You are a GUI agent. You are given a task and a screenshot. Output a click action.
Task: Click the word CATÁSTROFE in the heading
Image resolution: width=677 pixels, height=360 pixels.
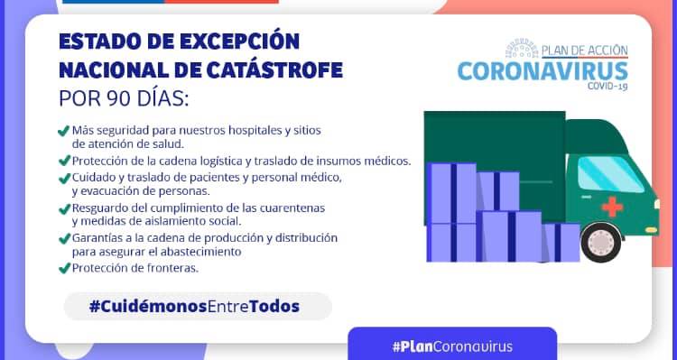(x=274, y=70)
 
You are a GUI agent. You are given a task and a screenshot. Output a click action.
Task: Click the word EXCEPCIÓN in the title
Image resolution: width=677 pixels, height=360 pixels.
(x=239, y=42)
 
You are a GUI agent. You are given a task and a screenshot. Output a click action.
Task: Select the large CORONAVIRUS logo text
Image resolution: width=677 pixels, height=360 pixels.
(x=543, y=71)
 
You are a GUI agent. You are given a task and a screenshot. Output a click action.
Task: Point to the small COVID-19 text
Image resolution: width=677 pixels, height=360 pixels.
(x=607, y=87)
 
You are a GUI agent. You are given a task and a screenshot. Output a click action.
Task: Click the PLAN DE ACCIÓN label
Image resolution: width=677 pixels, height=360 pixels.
(x=585, y=51)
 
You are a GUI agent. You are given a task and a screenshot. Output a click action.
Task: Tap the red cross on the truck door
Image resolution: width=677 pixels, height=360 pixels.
(x=612, y=207)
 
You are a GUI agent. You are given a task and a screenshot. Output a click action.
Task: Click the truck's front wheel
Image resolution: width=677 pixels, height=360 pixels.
(x=601, y=242)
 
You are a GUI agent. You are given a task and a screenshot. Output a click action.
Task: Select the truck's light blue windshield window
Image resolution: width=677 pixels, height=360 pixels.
(x=609, y=173)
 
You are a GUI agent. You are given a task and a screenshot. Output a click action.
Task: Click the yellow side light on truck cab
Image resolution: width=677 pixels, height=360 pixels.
(x=651, y=230)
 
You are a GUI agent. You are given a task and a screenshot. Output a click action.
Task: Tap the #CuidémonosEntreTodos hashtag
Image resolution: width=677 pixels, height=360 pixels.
(x=194, y=307)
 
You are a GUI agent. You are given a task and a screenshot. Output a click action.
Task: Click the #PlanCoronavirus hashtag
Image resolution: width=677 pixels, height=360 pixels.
(x=452, y=346)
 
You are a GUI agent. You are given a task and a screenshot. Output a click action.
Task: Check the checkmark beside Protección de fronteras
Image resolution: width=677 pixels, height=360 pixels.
(x=64, y=268)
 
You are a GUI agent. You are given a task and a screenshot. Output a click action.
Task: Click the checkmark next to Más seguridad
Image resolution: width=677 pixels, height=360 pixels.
(x=64, y=130)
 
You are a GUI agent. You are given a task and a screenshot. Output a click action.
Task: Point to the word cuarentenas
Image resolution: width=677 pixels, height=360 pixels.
(x=292, y=208)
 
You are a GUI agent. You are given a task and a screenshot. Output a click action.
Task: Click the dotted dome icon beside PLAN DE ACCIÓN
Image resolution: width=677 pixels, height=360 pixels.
(x=522, y=49)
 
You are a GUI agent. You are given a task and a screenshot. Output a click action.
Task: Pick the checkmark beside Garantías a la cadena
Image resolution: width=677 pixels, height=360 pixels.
(x=64, y=238)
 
